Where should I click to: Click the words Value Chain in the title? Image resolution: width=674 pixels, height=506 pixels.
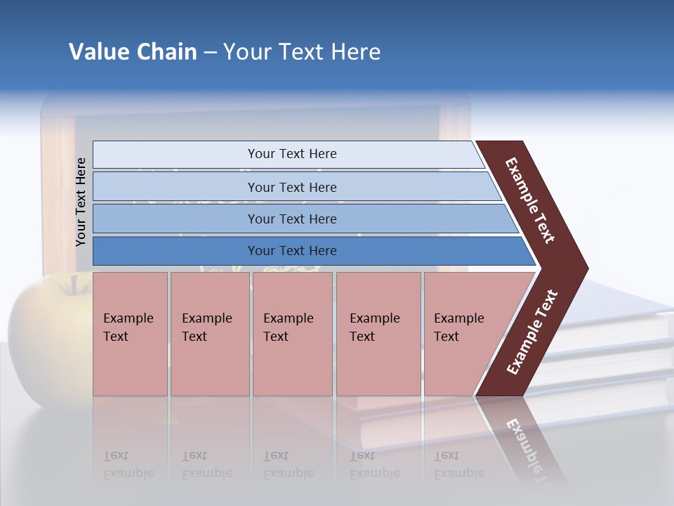coord(133,52)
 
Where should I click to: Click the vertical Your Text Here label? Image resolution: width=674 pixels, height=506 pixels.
coord(81,202)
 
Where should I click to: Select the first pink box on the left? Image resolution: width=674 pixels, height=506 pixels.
coord(130,334)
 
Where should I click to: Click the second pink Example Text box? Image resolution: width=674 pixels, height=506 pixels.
coord(209,334)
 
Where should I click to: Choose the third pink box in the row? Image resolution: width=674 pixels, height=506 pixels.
coord(292,334)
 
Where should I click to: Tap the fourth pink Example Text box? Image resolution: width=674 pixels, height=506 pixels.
coord(378,334)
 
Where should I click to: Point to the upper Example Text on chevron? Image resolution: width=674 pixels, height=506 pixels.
coord(530,200)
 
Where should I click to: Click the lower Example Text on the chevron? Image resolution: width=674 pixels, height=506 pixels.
coord(532,332)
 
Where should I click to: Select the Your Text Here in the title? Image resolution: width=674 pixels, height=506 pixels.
coord(302,52)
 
